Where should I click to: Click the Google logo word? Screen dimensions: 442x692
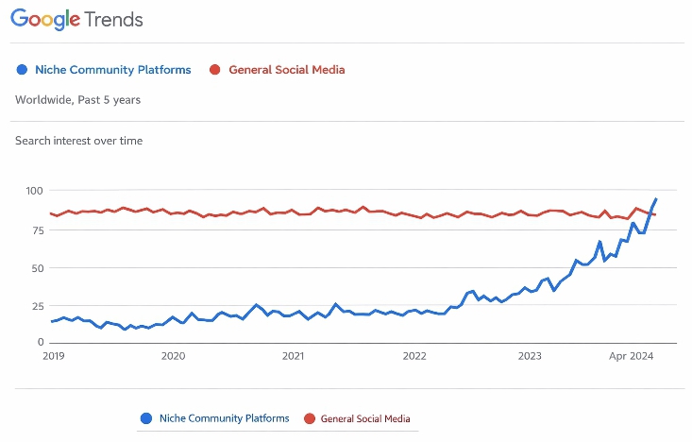(50, 20)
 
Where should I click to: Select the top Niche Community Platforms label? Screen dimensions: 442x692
(112, 70)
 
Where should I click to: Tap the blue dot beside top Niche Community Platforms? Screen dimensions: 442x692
(23, 70)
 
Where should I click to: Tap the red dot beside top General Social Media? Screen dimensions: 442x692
(213, 70)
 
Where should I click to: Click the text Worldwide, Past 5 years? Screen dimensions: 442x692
(78, 99)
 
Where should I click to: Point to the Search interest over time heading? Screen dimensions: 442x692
(78, 141)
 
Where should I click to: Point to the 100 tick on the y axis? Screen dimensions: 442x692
(34, 191)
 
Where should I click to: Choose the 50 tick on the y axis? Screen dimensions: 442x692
(37, 267)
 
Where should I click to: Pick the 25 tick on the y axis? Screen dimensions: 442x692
(37, 306)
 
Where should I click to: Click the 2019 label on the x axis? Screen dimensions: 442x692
(53, 356)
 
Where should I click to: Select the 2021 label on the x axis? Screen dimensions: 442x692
(293, 356)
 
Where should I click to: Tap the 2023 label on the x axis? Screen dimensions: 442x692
(530, 356)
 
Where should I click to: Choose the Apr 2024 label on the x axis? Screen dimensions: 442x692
(631, 356)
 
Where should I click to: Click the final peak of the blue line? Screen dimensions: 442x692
(656, 199)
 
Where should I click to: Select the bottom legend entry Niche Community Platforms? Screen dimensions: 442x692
(222, 417)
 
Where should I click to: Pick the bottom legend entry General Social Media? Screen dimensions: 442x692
(365, 417)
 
